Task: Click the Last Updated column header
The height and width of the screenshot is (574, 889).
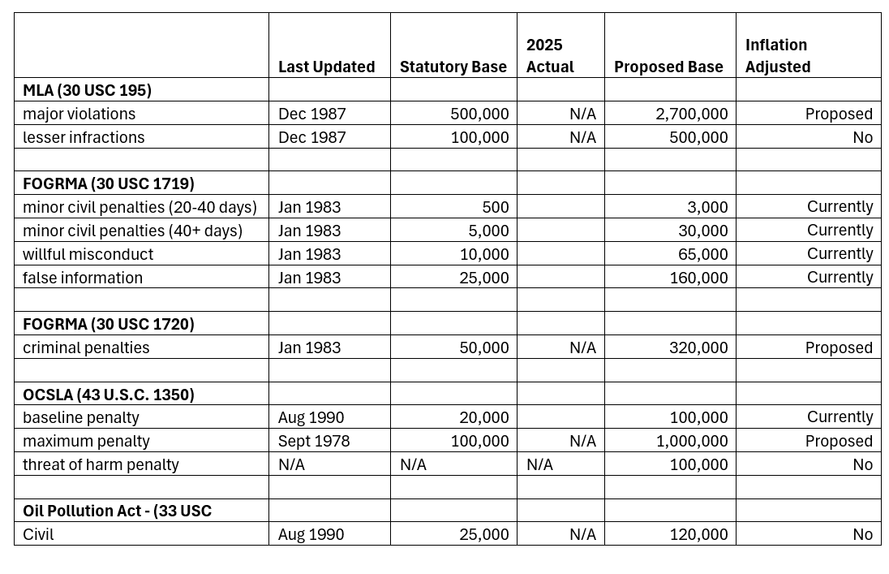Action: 327,67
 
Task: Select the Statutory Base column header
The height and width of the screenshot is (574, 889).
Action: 453,67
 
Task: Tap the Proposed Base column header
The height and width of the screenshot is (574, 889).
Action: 668,67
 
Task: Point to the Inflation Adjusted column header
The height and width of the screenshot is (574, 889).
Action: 778,56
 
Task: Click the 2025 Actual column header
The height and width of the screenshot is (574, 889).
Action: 550,56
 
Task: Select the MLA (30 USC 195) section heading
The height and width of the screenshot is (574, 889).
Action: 88,90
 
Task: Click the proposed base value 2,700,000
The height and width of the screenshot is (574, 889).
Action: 692,114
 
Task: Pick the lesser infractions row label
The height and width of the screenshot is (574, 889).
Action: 84,137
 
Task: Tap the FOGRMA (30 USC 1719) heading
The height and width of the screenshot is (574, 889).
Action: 109,184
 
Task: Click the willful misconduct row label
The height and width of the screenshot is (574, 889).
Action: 88,254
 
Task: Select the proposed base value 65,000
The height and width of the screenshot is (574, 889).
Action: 703,254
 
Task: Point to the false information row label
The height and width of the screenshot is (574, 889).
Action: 83,278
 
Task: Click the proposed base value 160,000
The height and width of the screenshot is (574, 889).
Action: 698,278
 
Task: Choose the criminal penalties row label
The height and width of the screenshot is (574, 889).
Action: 86,347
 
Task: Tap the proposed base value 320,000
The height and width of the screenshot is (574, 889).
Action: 698,347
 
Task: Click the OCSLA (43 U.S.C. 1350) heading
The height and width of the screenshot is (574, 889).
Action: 109,395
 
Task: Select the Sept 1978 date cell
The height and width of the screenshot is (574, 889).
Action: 314,441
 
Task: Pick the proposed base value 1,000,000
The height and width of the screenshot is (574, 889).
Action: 692,441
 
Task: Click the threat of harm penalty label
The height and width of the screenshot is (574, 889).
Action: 101,464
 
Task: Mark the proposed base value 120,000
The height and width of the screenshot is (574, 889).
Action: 699,534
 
